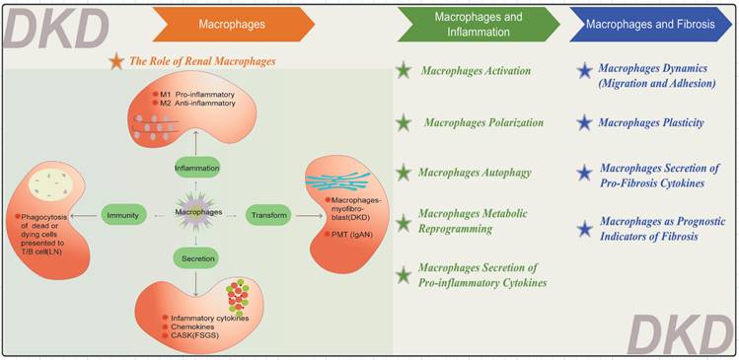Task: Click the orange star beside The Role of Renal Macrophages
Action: pyautogui.click(x=116, y=62)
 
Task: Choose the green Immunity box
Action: pyautogui.click(x=122, y=212)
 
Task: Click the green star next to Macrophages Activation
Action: pyautogui.click(x=403, y=71)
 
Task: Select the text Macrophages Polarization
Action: pyautogui.click(x=483, y=122)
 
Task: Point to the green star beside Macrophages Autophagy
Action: pyautogui.click(x=403, y=173)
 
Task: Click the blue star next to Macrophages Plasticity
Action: pyautogui.click(x=585, y=122)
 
